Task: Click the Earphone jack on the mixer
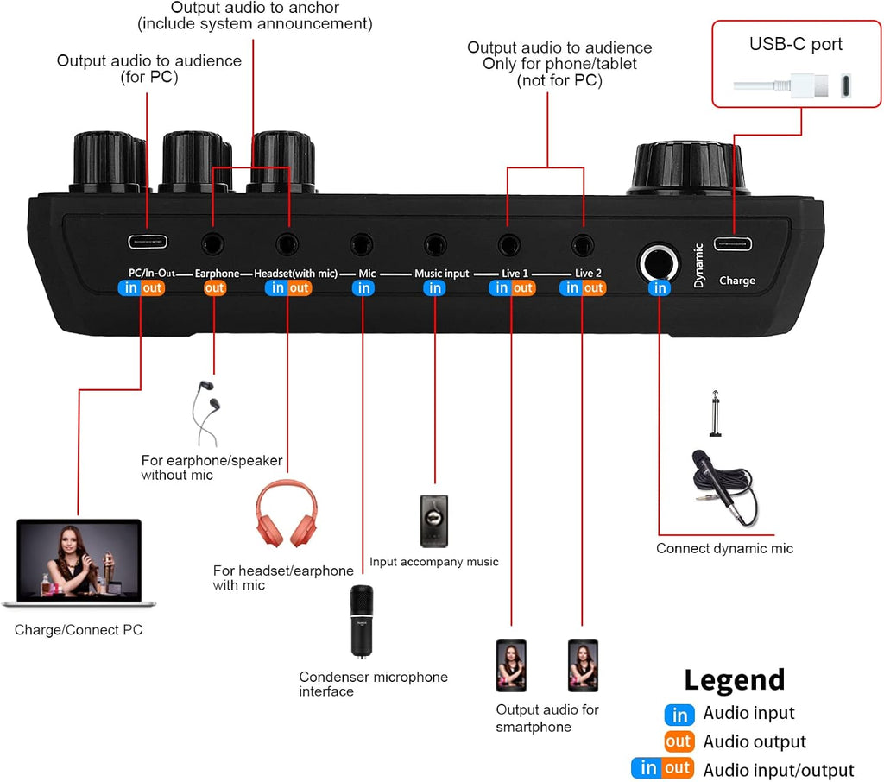click(212, 244)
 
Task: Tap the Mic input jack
click(362, 244)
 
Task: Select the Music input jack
click(435, 244)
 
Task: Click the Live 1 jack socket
click(508, 244)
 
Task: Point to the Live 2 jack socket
click(583, 244)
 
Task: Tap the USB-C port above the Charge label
click(733, 244)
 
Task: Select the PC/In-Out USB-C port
click(148, 242)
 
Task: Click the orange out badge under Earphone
click(214, 288)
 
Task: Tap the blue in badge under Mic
click(363, 288)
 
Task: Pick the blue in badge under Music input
click(435, 288)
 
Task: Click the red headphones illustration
click(287, 513)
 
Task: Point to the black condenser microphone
click(362, 621)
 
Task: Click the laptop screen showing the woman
click(79, 560)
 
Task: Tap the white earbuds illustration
click(205, 413)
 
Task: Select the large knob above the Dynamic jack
click(688, 168)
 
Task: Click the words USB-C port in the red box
click(795, 44)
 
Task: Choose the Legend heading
click(734, 680)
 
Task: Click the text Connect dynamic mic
click(724, 549)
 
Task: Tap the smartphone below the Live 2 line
click(583, 665)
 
